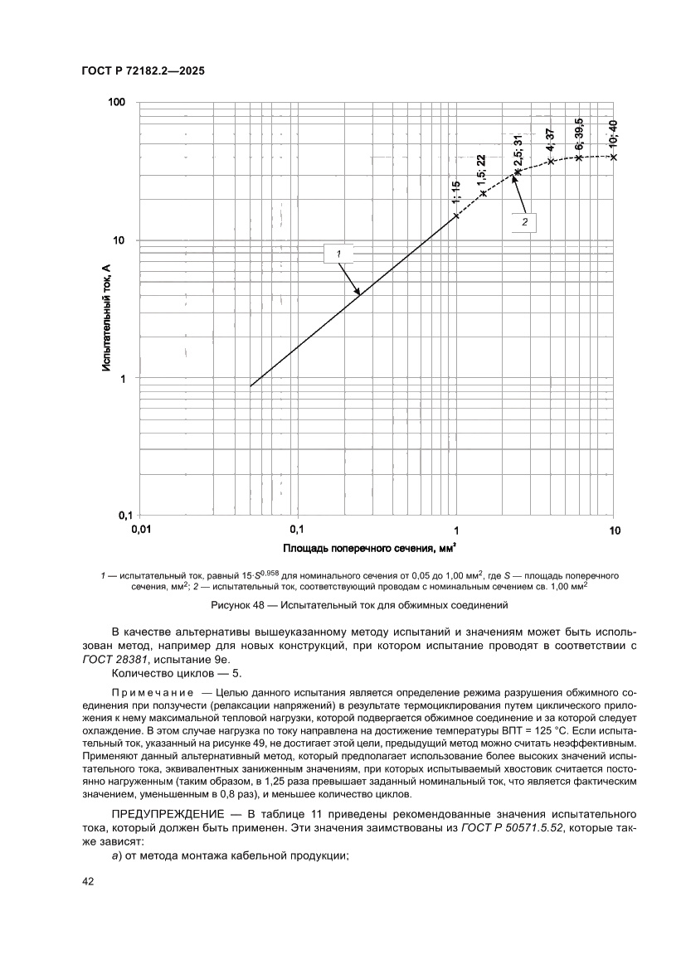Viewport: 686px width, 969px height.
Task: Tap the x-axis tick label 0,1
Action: (x=298, y=529)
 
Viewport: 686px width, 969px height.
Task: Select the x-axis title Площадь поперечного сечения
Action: (x=368, y=549)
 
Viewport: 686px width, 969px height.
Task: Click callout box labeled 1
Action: (x=339, y=252)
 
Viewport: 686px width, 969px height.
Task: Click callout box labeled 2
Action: (x=524, y=222)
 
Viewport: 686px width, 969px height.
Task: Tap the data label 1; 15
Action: (x=455, y=191)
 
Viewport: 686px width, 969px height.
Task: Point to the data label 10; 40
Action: (x=613, y=133)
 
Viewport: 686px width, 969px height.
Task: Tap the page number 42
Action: (x=88, y=882)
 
